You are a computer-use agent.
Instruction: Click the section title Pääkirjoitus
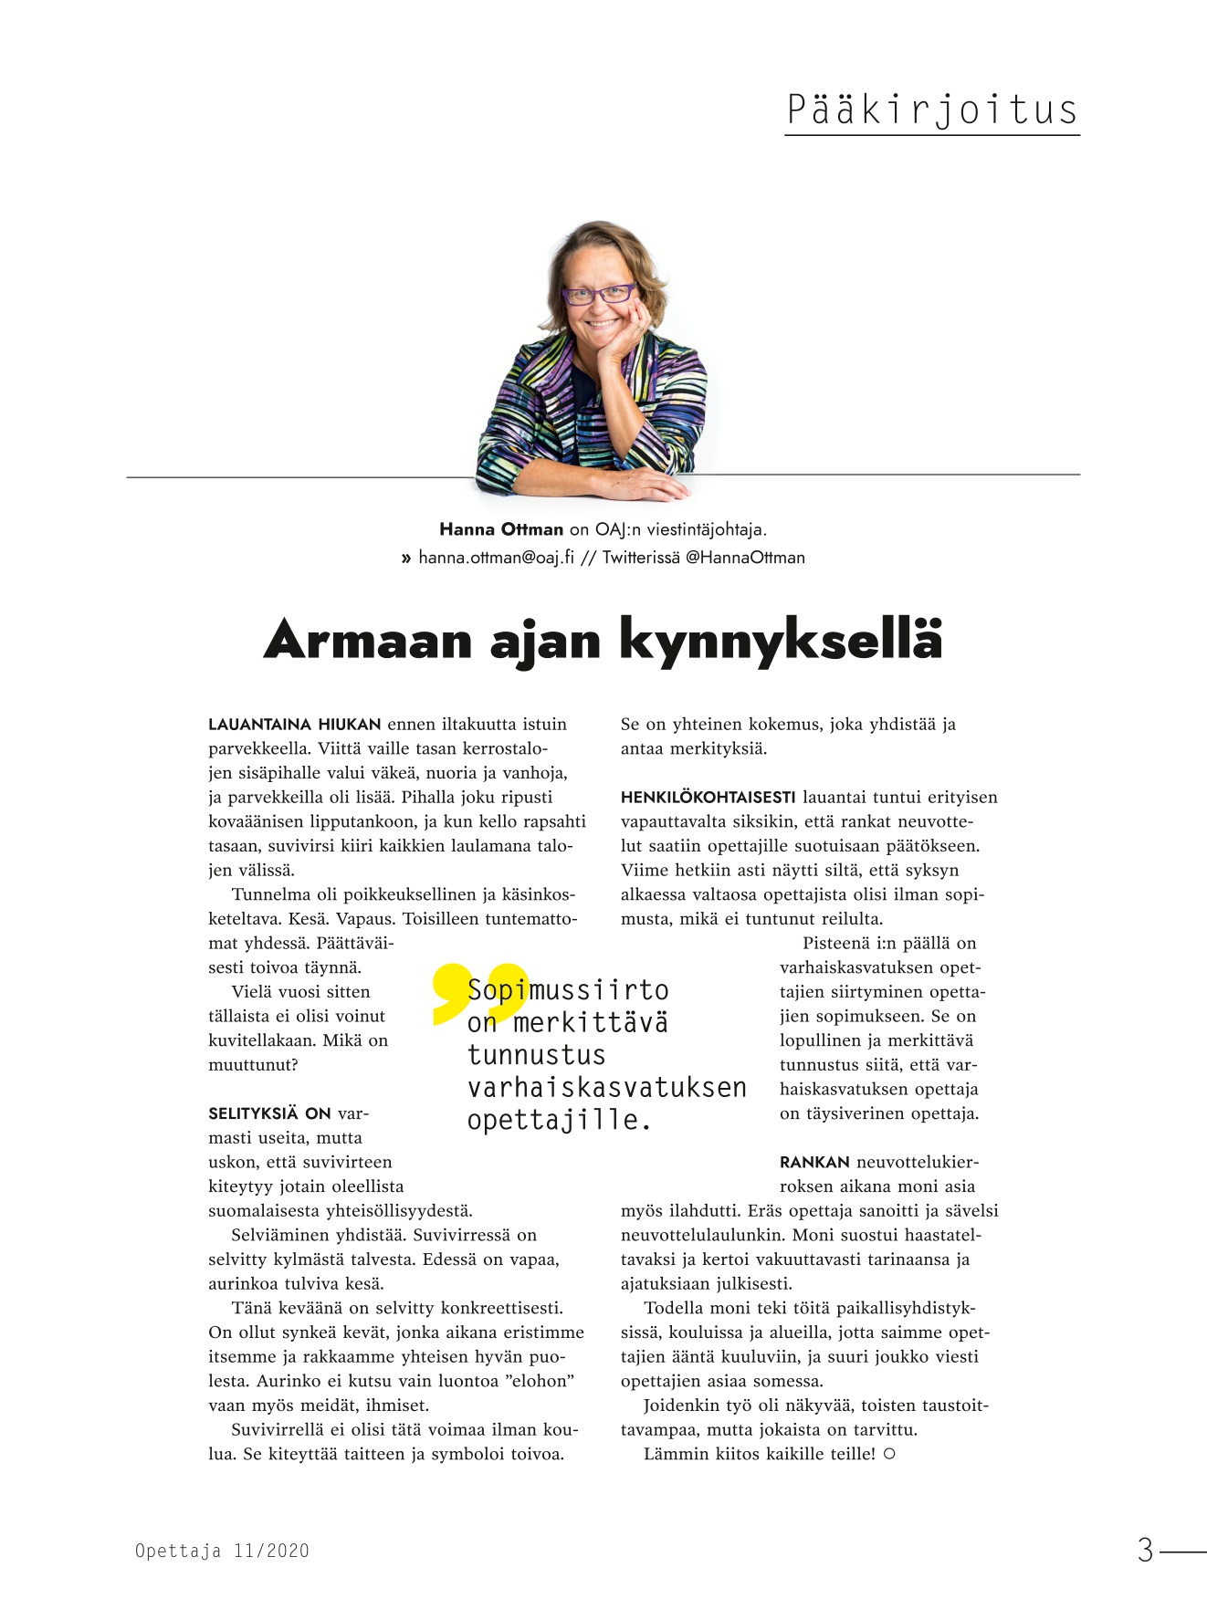coord(931,110)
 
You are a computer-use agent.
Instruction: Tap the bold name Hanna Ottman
coord(501,529)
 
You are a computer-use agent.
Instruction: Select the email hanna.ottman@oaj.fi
coord(496,558)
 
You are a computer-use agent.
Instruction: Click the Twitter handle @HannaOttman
coord(745,558)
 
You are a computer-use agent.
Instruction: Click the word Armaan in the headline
coord(368,640)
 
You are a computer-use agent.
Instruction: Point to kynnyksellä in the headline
coord(781,640)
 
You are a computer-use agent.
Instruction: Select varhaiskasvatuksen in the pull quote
coord(606,1088)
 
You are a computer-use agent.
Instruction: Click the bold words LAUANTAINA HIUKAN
coord(294,725)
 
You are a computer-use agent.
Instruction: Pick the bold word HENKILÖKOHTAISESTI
coord(708,798)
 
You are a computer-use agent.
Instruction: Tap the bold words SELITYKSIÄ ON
coord(269,1113)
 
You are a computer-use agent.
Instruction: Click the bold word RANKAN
coord(814,1163)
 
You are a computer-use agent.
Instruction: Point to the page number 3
coord(1145,1550)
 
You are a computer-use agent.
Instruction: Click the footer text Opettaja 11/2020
coord(222,1551)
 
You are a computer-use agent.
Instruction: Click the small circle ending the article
coord(889,1454)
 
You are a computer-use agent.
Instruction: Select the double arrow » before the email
coord(406,558)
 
